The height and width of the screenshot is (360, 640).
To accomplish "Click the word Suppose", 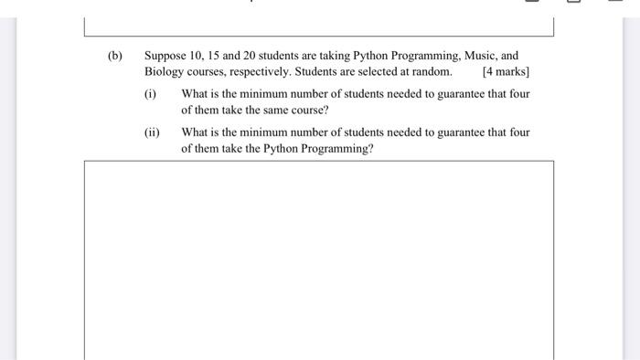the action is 165,56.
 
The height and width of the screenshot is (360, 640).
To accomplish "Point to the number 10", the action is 196,56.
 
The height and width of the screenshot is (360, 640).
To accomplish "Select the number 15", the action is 218,56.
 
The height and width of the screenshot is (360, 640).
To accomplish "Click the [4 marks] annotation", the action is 506,71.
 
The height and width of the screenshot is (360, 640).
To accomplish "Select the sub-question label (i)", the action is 151,94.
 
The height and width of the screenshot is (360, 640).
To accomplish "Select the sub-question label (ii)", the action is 152,132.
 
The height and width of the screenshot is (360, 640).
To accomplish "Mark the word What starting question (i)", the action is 197,94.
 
